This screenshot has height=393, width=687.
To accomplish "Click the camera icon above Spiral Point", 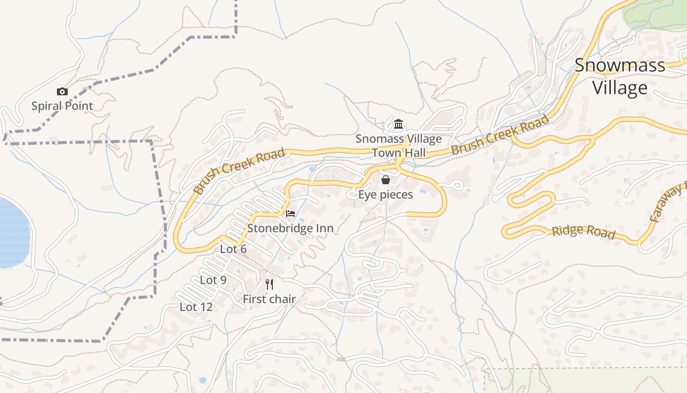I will (62, 91).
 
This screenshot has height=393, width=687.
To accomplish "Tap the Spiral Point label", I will (62, 106).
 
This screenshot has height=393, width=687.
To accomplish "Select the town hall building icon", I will (398, 124).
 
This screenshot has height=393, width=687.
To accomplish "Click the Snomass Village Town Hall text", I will (398, 146).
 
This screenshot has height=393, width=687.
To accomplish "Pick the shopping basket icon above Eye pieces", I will (386, 180).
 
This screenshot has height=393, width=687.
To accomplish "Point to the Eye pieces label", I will (385, 195).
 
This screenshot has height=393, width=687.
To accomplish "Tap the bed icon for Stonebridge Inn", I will (291, 214).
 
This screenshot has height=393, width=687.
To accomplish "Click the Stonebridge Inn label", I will (291, 228).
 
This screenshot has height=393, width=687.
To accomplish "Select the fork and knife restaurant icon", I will (269, 284).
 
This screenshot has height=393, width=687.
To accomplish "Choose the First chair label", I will (269, 299).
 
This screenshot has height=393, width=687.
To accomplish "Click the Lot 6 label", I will (233, 249).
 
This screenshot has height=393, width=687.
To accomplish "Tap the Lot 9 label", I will (213, 280).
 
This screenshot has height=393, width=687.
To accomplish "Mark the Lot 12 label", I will (196, 307).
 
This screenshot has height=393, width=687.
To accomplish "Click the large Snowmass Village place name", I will (620, 76).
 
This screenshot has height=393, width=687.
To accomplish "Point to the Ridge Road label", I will (583, 231).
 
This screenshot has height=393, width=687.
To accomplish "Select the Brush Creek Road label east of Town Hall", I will (500, 135).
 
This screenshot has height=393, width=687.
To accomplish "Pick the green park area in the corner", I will (653, 15).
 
